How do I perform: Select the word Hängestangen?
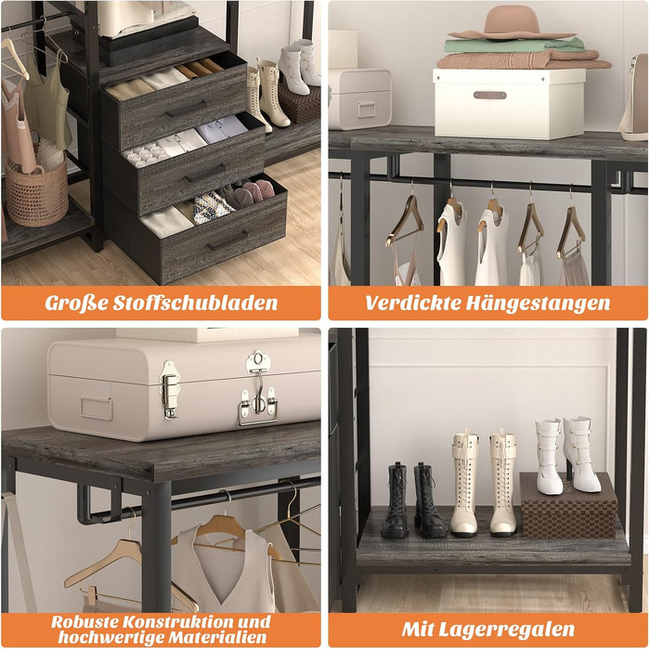[538, 304]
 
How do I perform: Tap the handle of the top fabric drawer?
[186, 109]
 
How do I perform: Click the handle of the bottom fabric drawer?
[227, 240]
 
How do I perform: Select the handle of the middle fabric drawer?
[205, 173]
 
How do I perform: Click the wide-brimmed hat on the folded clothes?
[513, 23]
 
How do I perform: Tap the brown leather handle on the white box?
[489, 95]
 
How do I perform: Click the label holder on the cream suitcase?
[97, 409]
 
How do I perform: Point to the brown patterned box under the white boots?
[568, 505]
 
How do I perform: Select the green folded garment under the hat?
[514, 45]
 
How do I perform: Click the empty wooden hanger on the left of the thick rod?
[404, 221]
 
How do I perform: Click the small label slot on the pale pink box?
[367, 110]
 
